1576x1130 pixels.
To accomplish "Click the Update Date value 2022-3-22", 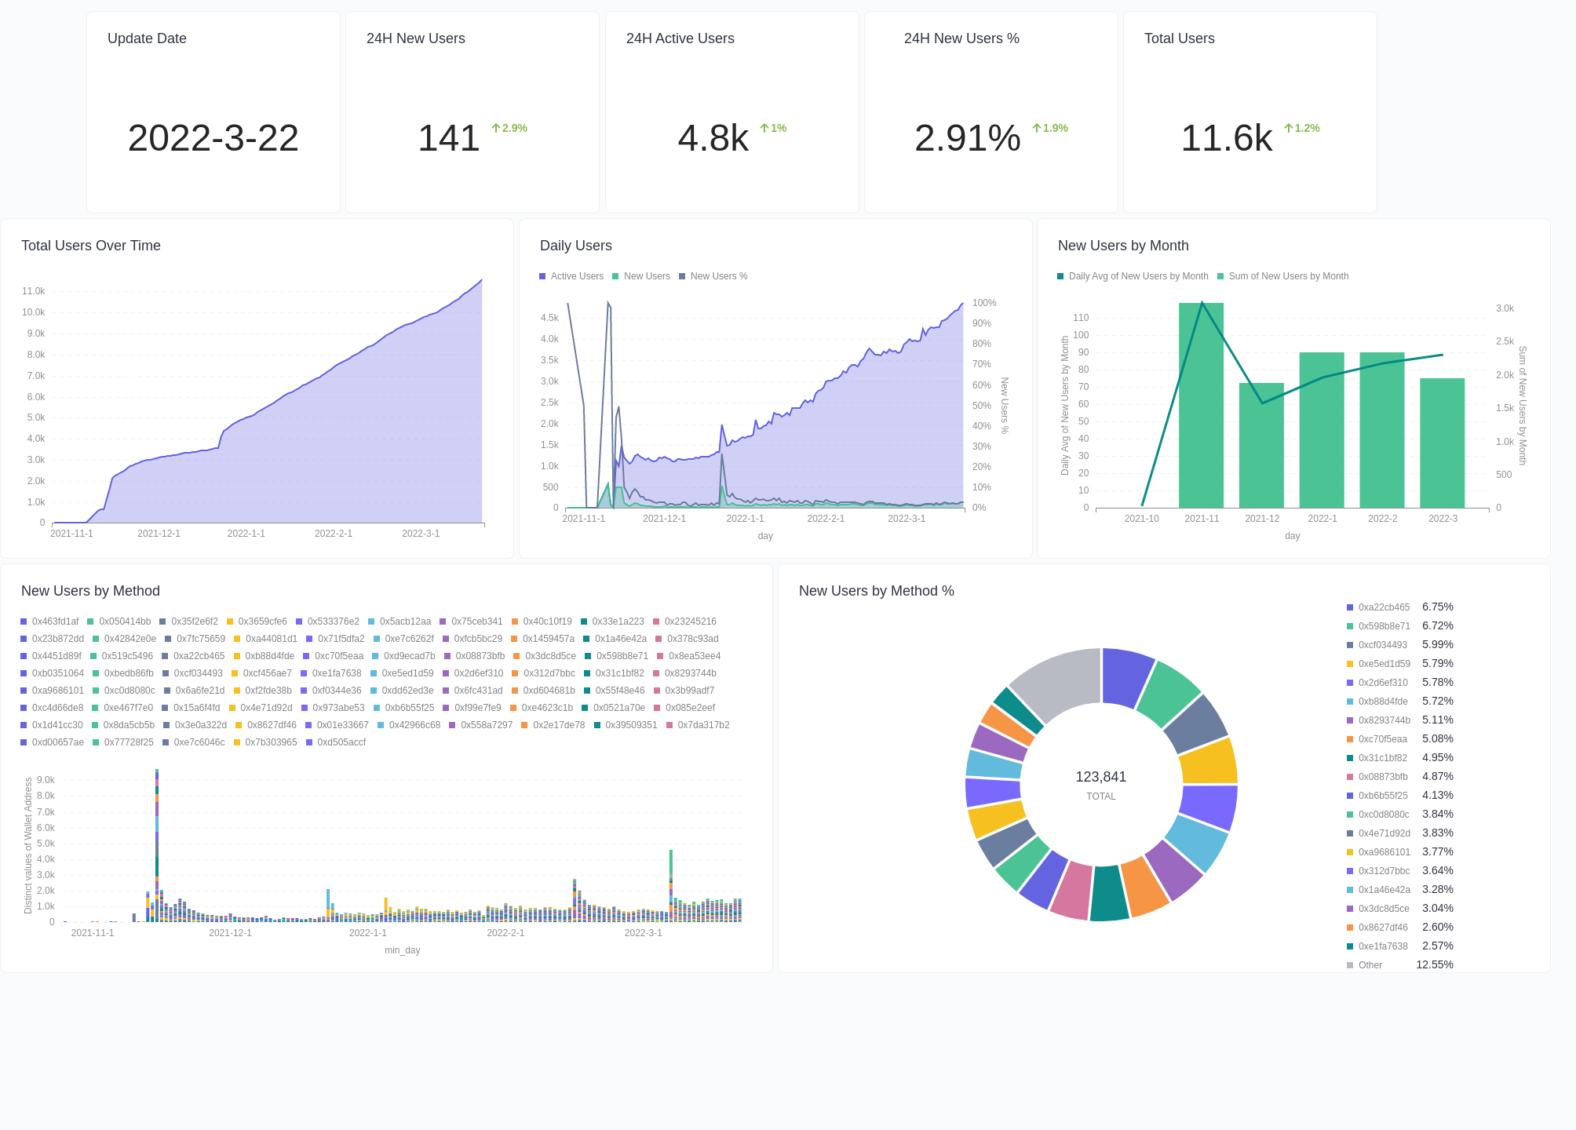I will click(x=213, y=138).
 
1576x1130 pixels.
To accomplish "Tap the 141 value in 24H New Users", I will click(x=448, y=138).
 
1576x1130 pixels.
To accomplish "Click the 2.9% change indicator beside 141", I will click(x=509, y=128).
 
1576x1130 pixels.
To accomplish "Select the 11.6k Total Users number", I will click(x=1226, y=138).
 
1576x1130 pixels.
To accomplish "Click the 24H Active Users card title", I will click(x=680, y=38).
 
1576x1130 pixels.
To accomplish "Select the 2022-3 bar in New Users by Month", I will click(x=1442, y=443).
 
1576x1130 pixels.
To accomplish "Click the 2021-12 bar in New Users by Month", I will click(x=1261, y=447).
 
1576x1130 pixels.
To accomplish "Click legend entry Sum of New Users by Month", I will click(x=1288, y=276).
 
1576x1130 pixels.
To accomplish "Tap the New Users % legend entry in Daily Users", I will click(x=718, y=276).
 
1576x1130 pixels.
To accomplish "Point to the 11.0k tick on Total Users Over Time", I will click(x=34, y=291).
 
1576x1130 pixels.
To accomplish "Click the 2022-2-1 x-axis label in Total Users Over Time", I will click(x=334, y=534).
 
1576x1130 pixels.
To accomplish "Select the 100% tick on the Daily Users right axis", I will click(x=983, y=303).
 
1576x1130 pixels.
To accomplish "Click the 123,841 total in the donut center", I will click(x=1100, y=777).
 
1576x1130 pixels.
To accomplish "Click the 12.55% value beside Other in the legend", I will click(x=1434, y=964).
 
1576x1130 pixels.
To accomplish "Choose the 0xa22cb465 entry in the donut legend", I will click(x=1383, y=607).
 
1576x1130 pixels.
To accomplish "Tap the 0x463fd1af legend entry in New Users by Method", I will click(x=55, y=621).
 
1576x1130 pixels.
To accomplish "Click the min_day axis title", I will click(x=402, y=950).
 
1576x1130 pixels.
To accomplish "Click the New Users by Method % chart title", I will click(x=876, y=591).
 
